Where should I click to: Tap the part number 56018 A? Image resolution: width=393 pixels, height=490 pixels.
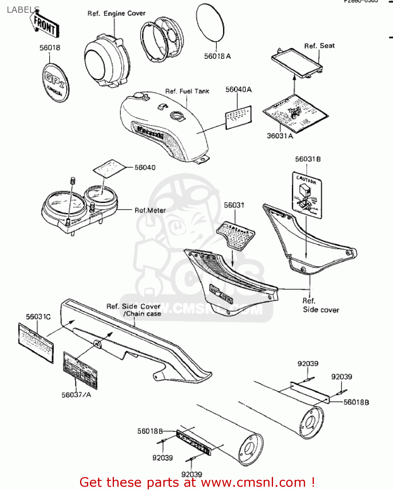tap(217, 56)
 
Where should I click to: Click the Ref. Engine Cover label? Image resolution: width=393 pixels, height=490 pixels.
tap(116, 13)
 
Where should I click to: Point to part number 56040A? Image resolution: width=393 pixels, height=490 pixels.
tap(238, 90)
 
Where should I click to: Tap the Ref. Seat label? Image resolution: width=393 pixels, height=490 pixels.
tap(319, 46)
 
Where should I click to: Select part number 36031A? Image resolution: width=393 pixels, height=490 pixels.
tap(280, 136)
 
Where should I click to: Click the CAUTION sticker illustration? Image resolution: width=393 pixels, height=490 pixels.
tap(306, 196)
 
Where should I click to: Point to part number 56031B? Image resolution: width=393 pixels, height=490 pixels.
tap(308, 159)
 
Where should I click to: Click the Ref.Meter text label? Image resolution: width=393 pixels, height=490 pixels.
tap(150, 210)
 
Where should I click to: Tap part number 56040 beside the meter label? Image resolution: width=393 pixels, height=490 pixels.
tap(145, 168)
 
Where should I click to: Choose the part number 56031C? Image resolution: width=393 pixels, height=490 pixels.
tap(38, 317)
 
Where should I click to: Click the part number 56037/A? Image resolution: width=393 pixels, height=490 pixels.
tap(76, 395)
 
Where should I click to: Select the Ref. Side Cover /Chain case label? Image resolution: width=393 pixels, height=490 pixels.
tap(134, 310)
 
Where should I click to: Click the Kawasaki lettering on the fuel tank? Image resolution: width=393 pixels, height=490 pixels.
tap(150, 132)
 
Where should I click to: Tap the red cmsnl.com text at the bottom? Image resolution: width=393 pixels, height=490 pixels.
tap(197, 482)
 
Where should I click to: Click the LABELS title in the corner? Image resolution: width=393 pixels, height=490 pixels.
tap(23, 10)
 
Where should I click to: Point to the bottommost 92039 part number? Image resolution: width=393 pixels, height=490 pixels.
tap(192, 474)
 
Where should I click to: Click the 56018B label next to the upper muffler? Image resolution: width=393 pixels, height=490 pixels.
tap(356, 402)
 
